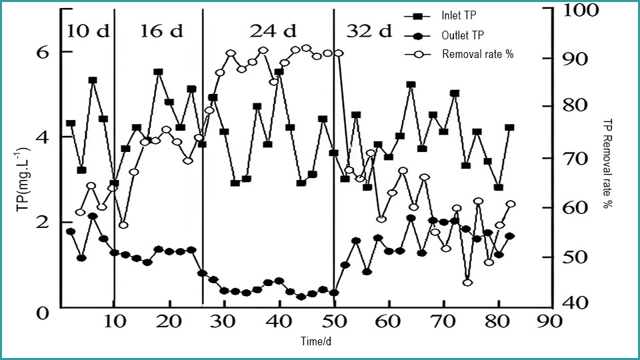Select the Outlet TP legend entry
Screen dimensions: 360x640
coord(462,35)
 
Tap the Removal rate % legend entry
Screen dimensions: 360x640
coord(477,54)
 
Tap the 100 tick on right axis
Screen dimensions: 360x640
coord(583,10)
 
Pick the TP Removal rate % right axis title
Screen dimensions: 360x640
coord(607,163)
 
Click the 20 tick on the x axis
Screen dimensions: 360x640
coord(169,322)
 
